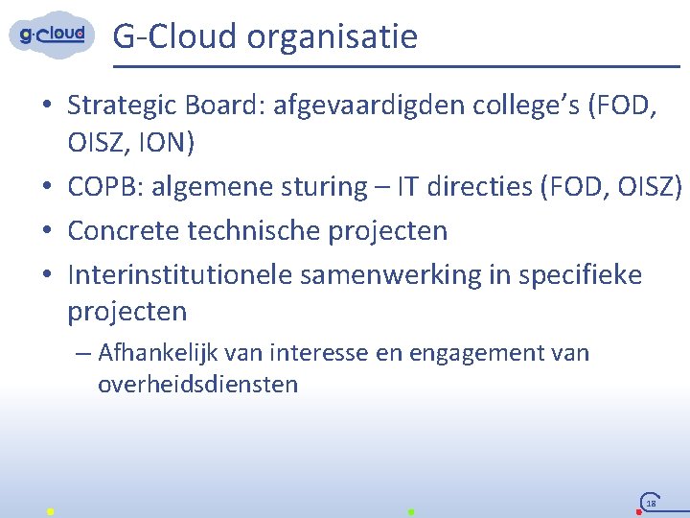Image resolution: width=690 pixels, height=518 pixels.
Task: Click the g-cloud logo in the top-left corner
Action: tap(53, 35)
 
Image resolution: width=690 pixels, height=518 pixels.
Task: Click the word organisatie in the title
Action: tap(332, 36)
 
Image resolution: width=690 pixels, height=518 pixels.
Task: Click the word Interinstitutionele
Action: tap(180, 274)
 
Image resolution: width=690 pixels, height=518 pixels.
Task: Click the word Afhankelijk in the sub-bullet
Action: tap(152, 354)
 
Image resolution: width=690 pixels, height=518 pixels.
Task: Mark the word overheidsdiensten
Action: tap(197, 385)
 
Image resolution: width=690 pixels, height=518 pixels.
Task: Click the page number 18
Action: tap(651, 503)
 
